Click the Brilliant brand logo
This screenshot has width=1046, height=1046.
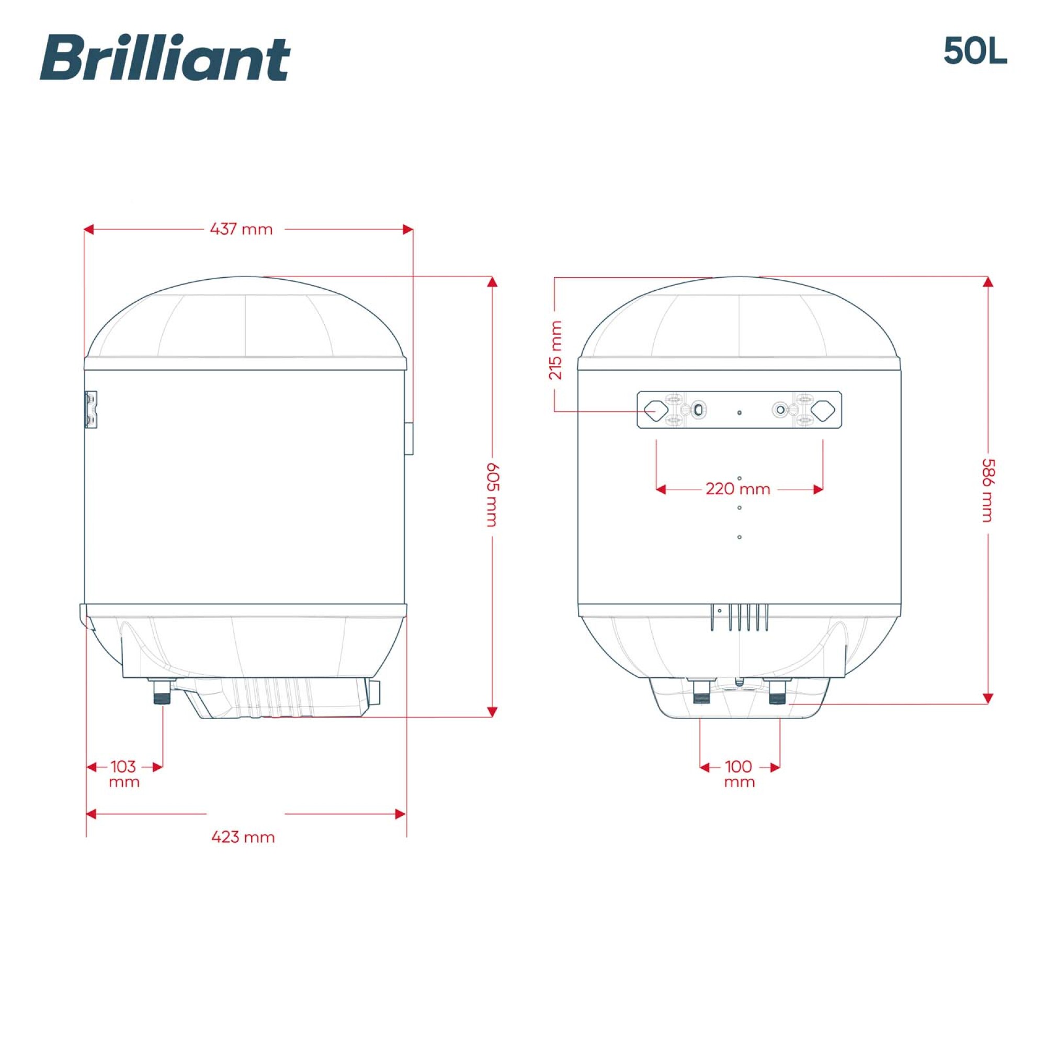coord(165,59)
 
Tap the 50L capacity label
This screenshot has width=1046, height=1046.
coord(975,51)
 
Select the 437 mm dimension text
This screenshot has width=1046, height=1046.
coord(241,229)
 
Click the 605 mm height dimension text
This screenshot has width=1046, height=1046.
coord(492,494)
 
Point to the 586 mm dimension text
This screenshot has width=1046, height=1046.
coord(988,491)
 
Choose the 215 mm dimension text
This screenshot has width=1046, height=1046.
coord(556,350)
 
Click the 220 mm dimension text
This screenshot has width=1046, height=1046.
coord(738,489)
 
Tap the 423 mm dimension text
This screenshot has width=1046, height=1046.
coord(243,837)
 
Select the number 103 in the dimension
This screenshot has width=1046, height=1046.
coord(123,766)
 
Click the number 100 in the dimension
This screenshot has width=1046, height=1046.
coord(738,766)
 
